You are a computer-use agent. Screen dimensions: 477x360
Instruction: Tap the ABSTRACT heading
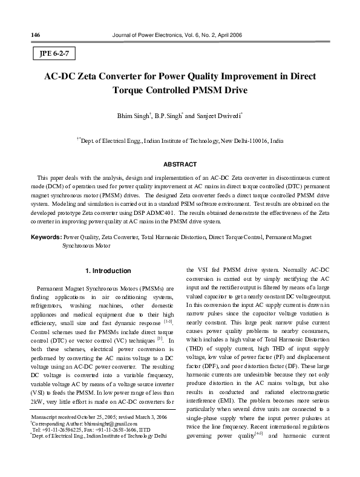(180, 165)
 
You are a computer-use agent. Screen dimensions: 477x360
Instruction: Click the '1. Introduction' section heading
(107, 270)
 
